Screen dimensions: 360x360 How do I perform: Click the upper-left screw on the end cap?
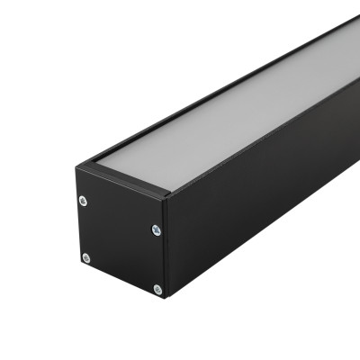(83, 201)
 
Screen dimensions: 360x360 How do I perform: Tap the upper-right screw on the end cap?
(157, 229)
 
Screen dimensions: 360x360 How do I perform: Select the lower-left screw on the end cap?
(86, 258)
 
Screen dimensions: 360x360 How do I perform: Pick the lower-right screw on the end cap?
(157, 289)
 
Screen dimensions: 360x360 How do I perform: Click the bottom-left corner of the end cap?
(79, 266)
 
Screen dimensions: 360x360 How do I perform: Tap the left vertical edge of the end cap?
(77, 220)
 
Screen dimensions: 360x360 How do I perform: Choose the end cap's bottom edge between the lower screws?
(121, 282)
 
